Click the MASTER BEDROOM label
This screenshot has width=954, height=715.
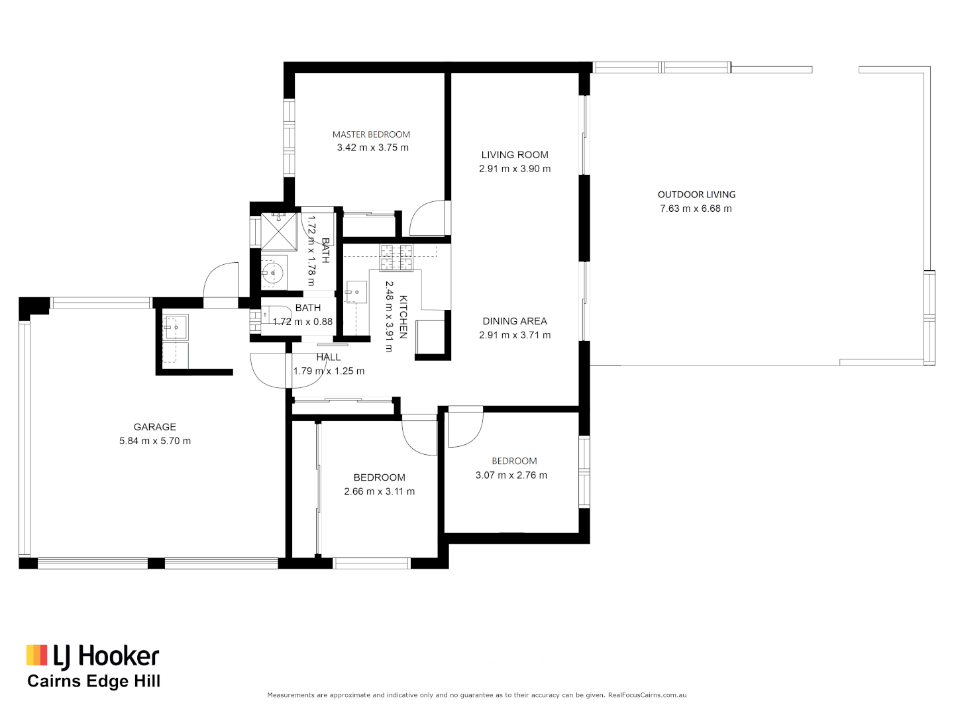tap(371, 134)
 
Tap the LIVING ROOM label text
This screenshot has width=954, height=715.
tap(515, 155)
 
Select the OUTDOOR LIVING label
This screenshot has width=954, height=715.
tap(696, 195)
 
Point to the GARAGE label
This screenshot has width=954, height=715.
tap(155, 427)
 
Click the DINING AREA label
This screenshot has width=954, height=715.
tap(515, 321)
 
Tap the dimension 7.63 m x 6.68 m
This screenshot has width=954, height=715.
tap(696, 209)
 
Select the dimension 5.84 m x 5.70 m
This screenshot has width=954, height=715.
tap(155, 441)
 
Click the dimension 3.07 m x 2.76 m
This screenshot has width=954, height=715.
tap(511, 475)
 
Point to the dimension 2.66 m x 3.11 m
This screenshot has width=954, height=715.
tap(379, 491)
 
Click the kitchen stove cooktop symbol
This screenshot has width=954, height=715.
tap(396, 258)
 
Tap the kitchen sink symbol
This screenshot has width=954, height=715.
tap(356, 292)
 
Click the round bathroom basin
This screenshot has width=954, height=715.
tap(272, 272)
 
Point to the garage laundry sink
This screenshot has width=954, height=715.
tap(176, 327)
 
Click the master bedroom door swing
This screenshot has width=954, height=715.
tap(427, 218)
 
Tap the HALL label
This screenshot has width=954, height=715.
tap(329, 357)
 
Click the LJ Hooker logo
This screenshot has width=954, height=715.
tap(93, 655)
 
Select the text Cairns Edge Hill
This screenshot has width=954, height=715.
tap(93, 681)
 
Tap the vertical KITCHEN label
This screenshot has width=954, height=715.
tap(403, 316)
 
